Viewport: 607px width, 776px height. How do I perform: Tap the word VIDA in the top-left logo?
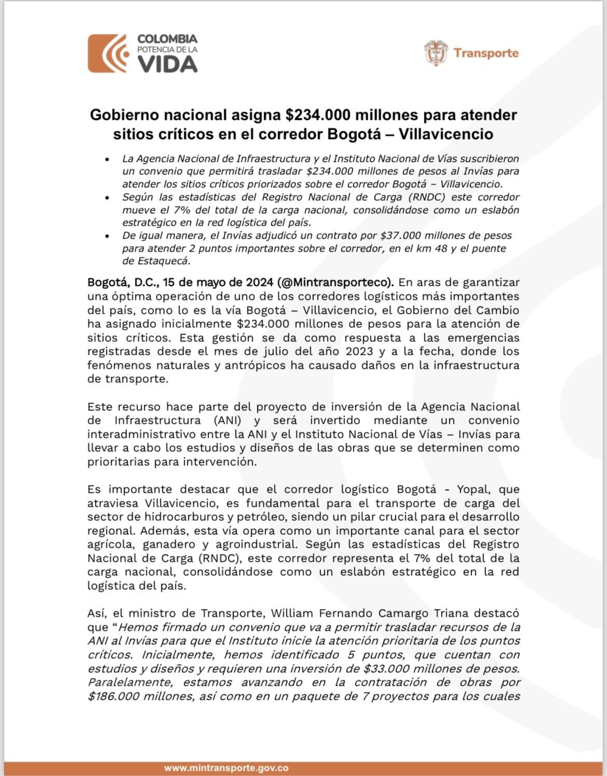(168, 64)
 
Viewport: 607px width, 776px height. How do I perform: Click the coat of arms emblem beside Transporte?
(436, 53)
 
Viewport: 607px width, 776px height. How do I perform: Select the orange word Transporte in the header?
(486, 53)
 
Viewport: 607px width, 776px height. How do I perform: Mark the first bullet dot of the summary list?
(107, 159)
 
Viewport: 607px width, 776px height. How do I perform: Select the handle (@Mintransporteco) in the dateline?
(336, 282)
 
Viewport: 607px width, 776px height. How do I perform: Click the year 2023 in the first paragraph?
(367, 351)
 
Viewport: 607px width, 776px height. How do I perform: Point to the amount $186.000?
(115, 696)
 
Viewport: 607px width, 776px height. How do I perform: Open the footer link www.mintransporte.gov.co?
(226, 768)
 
